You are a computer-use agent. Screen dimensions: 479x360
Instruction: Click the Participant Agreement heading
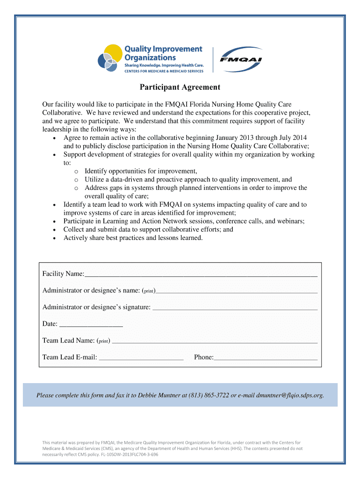tap(180, 87)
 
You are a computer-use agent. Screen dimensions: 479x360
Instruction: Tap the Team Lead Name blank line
tap(215, 342)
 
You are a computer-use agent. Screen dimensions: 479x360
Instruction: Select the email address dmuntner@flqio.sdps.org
tap(290, 395)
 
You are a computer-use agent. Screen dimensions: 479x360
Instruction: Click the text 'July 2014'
tap(293, 138)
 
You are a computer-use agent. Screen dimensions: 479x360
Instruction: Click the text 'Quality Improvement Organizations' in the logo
tap(163, 53)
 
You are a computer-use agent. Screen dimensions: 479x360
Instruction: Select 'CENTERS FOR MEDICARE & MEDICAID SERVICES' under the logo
tap(164, 71)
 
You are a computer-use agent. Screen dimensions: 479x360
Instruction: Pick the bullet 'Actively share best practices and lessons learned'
tap(133, 238)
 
